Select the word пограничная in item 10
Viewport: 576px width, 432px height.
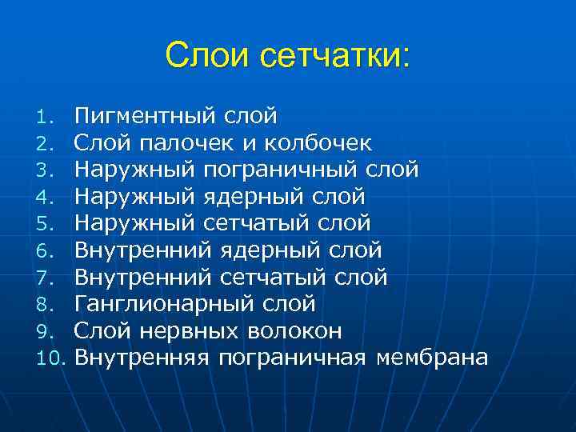click(292, 358)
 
